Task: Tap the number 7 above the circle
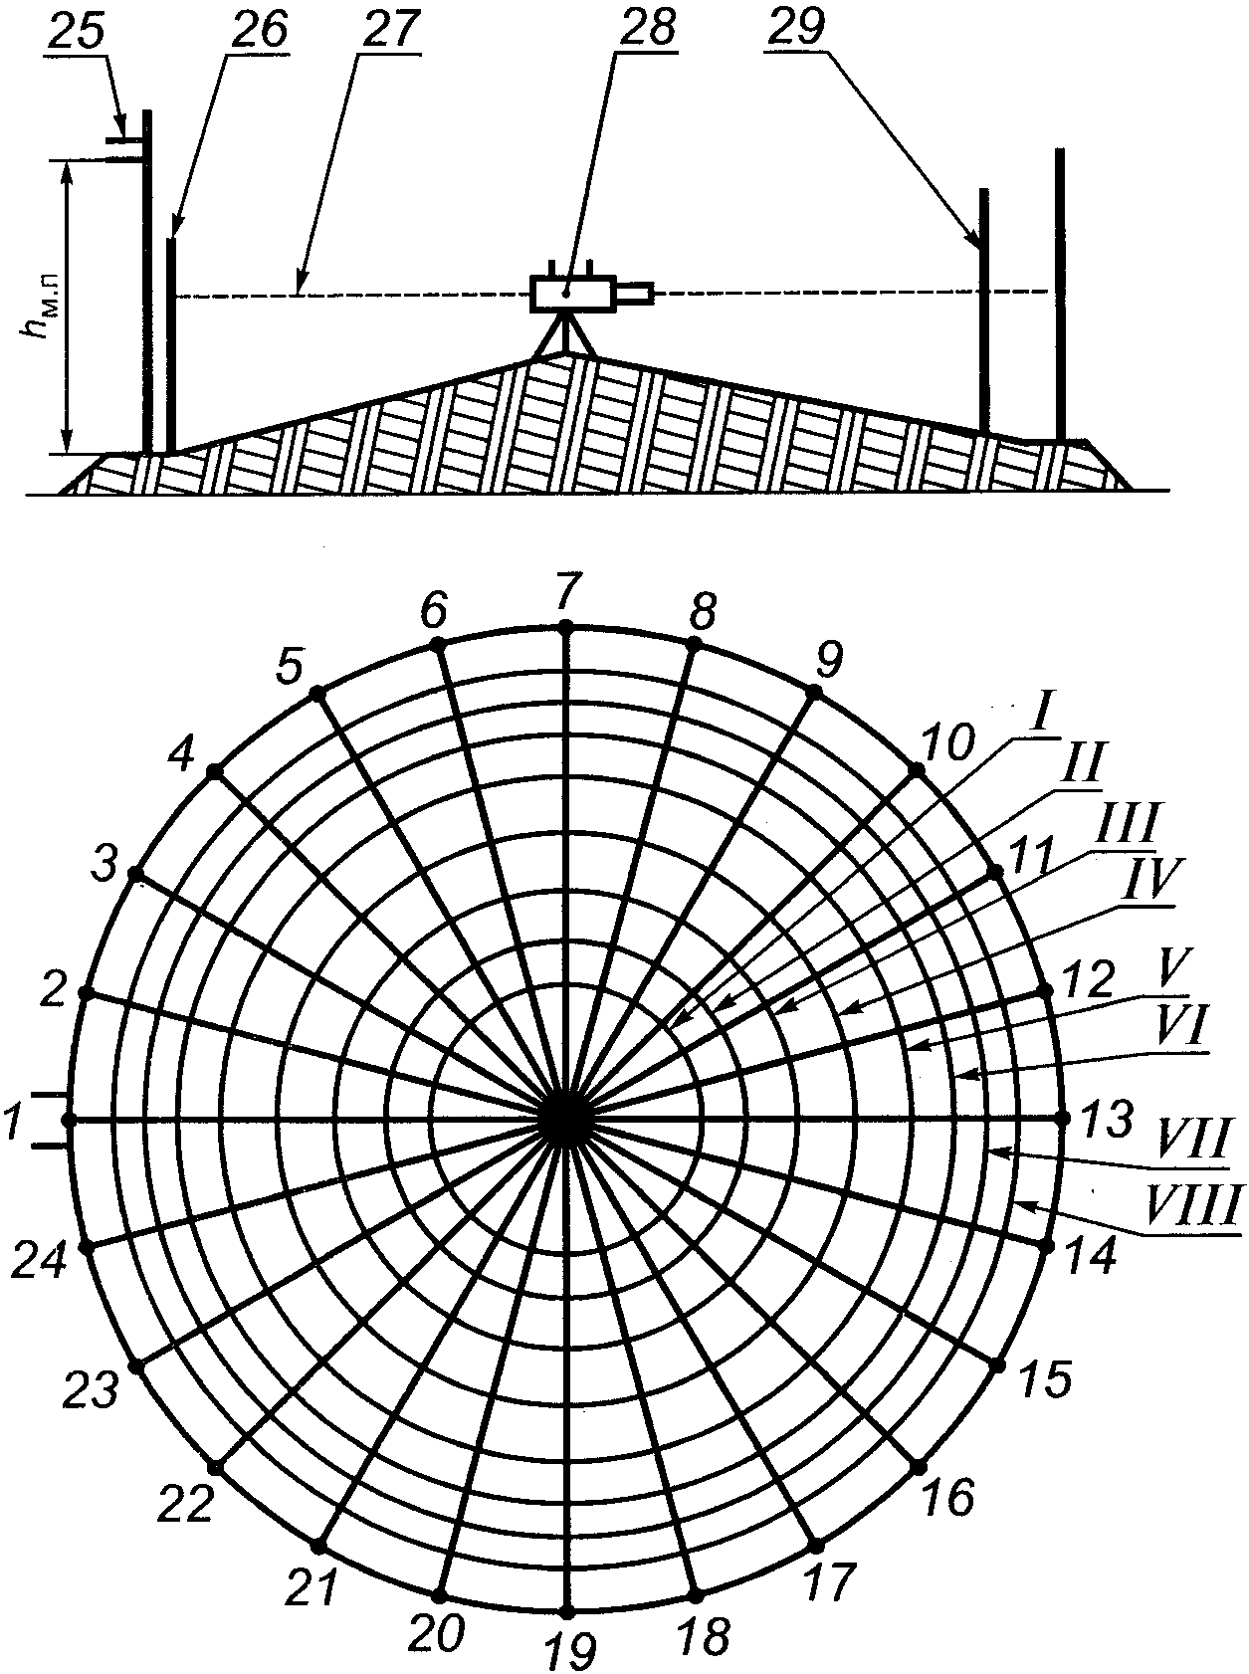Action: (x=566, y=592)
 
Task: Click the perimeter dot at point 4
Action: (x=214, y=769)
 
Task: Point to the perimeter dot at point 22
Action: (x=214, y=1467)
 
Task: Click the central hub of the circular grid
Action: (x=566, y=1119)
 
